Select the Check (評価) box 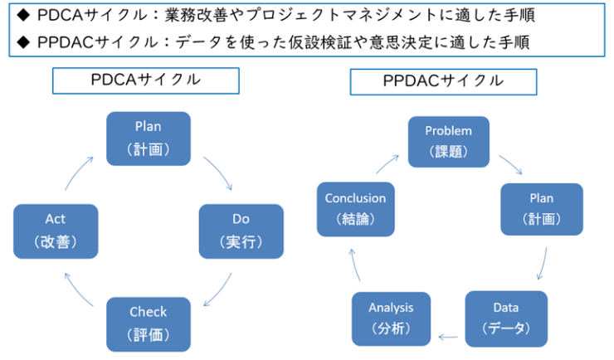coord(148,323)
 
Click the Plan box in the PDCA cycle coord(148,137)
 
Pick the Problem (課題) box coord(448,141)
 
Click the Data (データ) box coord(506,318)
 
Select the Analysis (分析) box coord(391,318)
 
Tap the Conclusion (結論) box coord(355,209)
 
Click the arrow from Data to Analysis coord(448,337)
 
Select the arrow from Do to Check coord(217,290)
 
